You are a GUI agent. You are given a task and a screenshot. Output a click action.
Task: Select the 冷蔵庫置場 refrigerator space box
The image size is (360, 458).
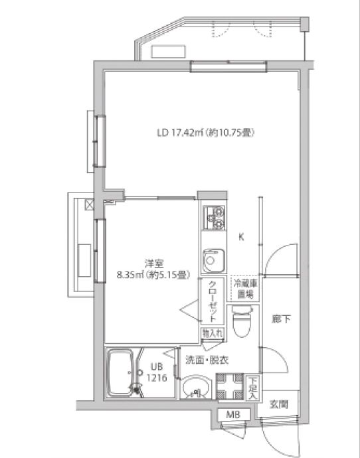click(243, 290)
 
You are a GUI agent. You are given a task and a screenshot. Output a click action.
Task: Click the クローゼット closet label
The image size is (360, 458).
click(213, 301)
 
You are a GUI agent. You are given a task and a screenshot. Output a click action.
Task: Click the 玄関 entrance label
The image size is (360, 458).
click(278, 404)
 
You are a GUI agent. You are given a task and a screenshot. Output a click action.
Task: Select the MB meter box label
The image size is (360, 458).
click(233, 415)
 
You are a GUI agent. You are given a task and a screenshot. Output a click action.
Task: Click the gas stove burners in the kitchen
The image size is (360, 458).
click(214, 219)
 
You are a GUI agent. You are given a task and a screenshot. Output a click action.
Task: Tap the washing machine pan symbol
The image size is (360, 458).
click(230, 387)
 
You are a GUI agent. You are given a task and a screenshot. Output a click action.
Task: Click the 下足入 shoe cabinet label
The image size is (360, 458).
click(253, 388)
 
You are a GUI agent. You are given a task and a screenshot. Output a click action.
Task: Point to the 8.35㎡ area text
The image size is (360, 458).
click(146, 273)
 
